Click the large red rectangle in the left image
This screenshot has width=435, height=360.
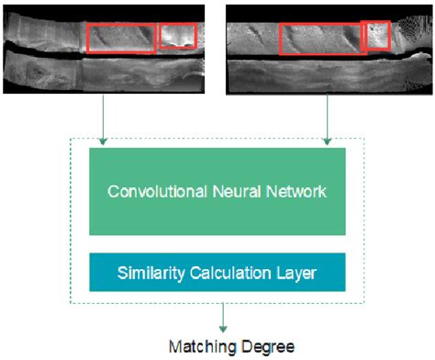pyautogui.click(x=122, y=38)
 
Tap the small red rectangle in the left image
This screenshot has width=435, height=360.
pyautogui.click(x=178, y=35)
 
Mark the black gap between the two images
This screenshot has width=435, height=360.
pyautogui.click(x=217, y=46)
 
